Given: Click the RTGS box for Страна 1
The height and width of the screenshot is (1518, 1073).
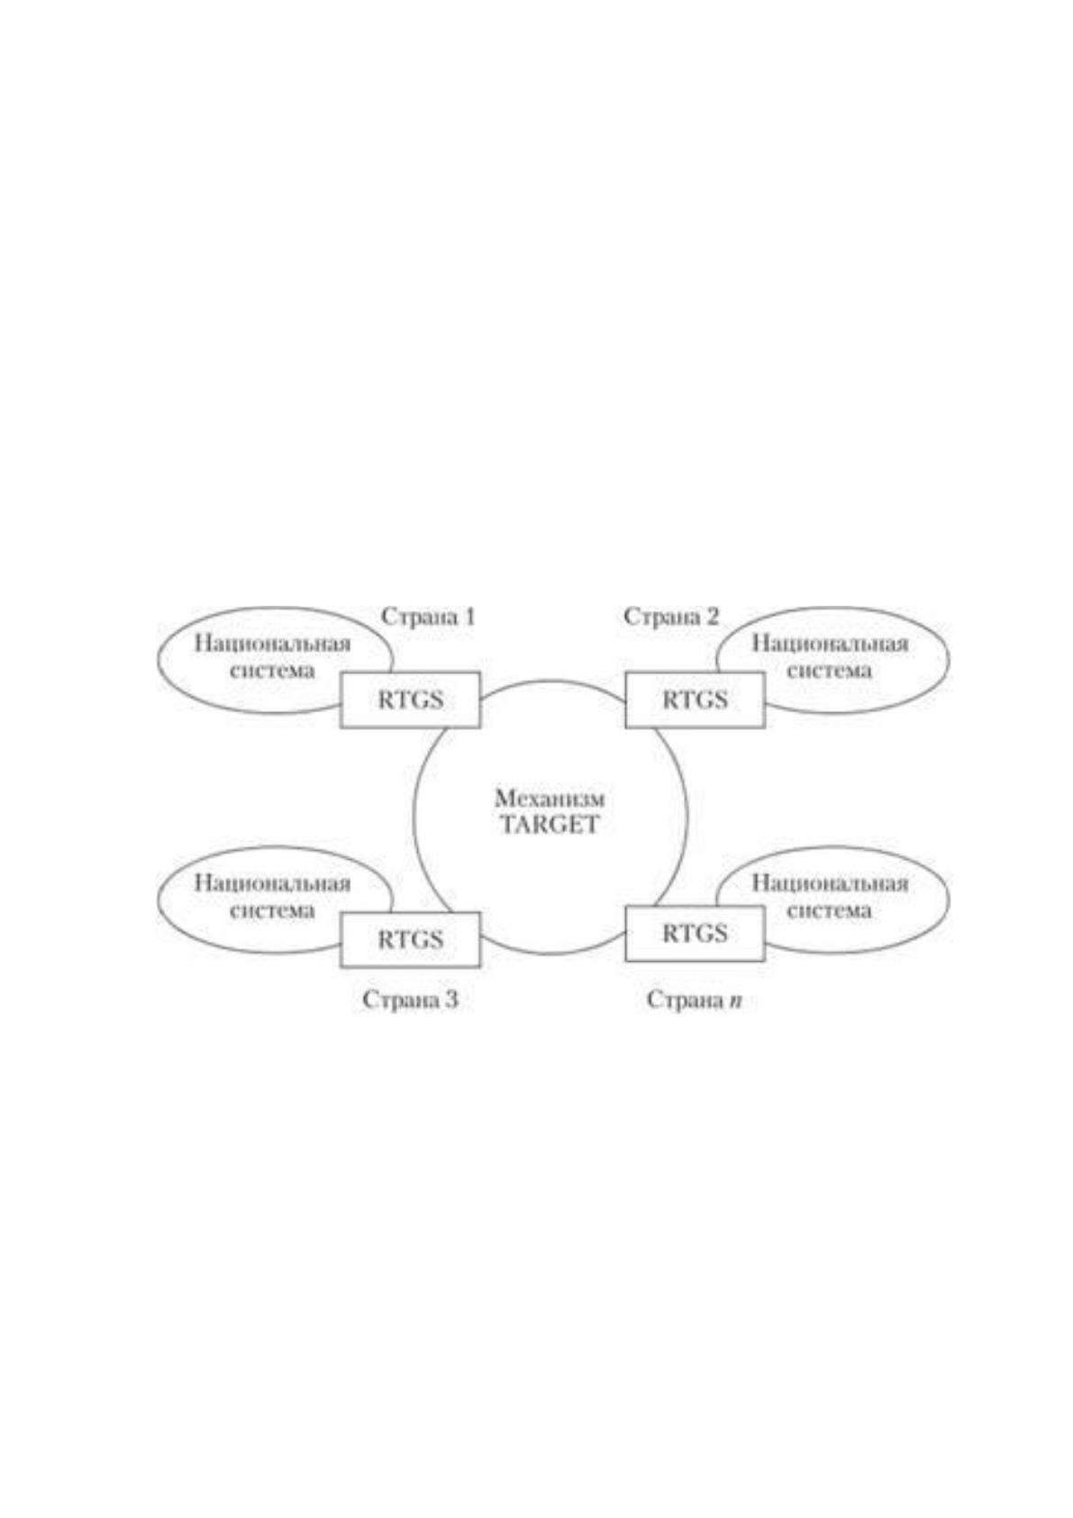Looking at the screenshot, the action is pyautogui.click(x=410, y=700).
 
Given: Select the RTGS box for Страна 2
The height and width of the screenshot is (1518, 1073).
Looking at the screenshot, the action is pyautogui.click(x=695, y=700).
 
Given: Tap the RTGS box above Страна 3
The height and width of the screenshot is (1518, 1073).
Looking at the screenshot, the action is pyautogui.click(x=410, y=939).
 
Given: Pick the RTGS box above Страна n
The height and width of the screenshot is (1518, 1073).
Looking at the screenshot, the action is pyautogui.click(x=695, y=933).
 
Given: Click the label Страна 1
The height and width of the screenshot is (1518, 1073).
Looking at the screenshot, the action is pyautogui.click(x=427, y=617).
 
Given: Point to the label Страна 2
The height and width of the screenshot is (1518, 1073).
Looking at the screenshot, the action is pyautogui.click(x=671, y=617).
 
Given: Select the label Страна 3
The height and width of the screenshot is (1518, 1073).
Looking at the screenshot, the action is pyautogui.click(x=410, y=1000).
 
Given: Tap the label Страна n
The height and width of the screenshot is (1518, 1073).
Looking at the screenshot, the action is pyautogui.click(x=694, y=1000).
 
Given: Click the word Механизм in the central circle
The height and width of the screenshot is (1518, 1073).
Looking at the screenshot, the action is pyautogui.click(x=550, y=799).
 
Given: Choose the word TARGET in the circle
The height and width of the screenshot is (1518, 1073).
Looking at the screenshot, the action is pyautogui.click(x=550, y=825).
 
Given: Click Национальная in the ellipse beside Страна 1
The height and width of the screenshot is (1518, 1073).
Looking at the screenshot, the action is pyautogui.click(x=273, y=644).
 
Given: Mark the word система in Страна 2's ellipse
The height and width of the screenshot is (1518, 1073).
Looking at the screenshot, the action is pyautogui.click(x=829, y=671).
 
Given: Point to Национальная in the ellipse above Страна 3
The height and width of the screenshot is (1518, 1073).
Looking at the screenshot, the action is pyautogui.click(x=273, y=883).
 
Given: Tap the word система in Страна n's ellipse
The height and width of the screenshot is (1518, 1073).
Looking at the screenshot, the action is pyautogui.click(x=829, y=910).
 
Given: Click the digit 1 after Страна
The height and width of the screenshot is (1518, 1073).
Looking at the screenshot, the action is pyautogui.click(x=468, y=617).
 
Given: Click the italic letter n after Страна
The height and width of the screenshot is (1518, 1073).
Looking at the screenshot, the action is pyautogui.click(x=735, y=1001).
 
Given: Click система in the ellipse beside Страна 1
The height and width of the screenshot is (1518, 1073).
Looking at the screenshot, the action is pyautogui.click(x=272, y=671).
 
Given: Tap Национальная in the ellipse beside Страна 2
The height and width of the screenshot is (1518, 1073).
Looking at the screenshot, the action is pyautogui.click(x=830, y=644).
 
